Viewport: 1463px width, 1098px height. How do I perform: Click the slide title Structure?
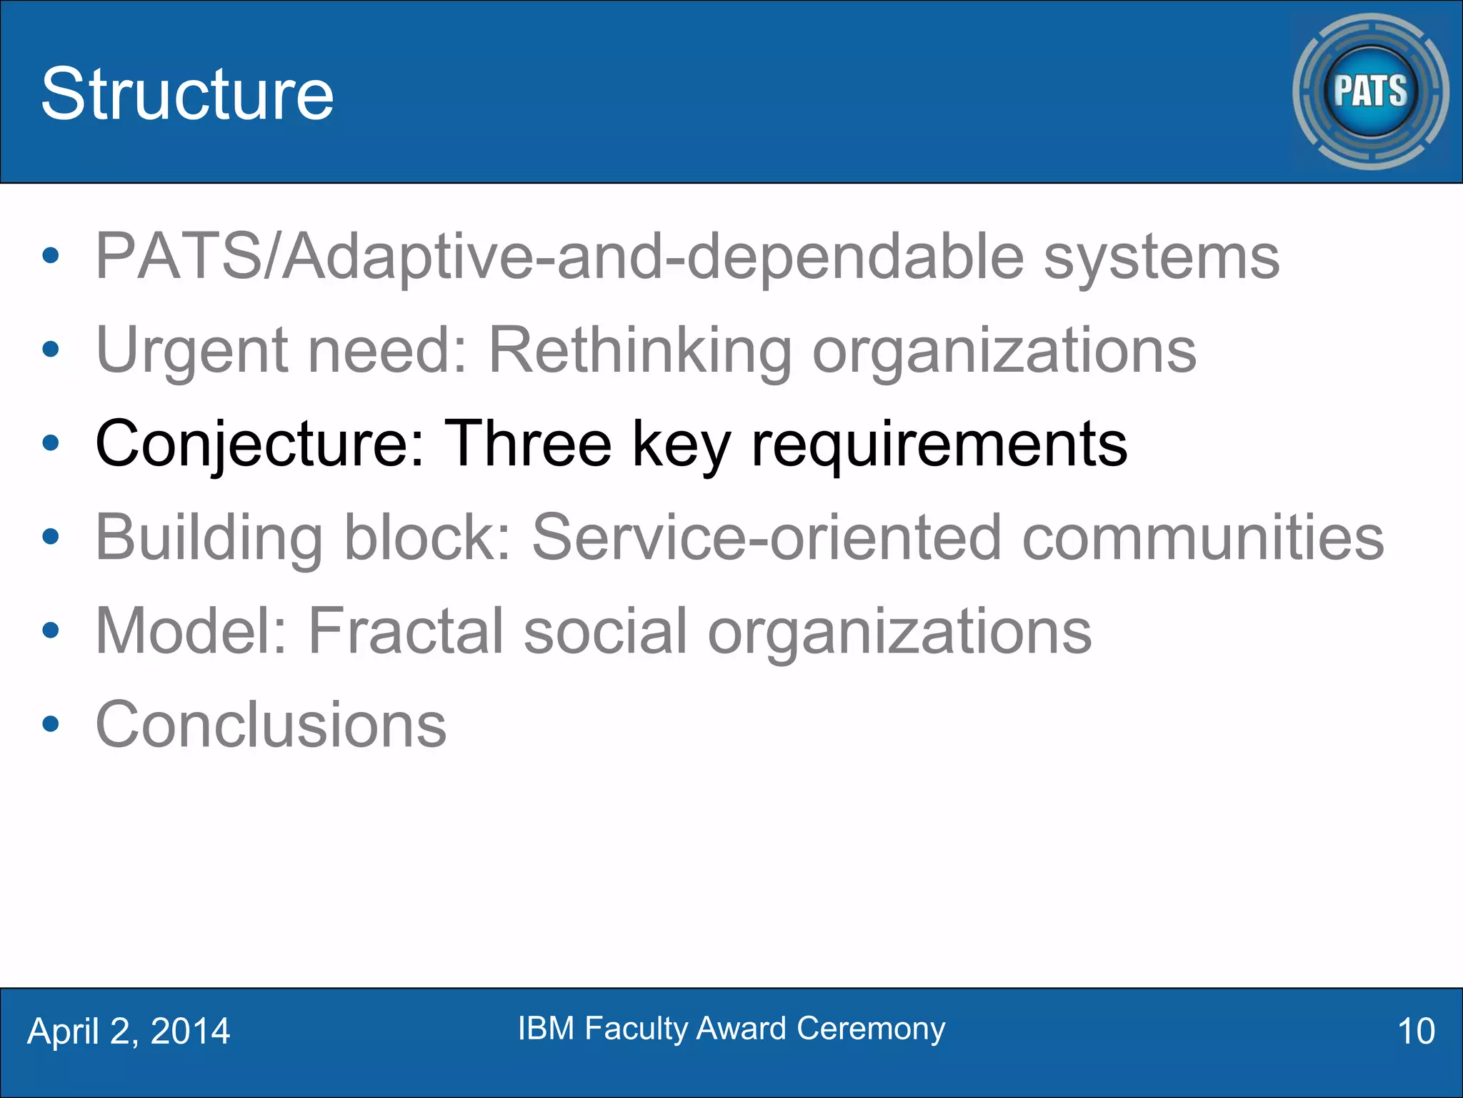(187, 94)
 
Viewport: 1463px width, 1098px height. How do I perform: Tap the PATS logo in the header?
(1370, 91)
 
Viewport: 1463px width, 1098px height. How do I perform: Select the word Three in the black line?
(528, 443)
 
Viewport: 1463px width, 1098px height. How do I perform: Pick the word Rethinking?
(640, 350)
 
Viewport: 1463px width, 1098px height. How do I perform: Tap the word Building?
(209, 538)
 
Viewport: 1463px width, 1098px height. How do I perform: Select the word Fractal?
(406, 630)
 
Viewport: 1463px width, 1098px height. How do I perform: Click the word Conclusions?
(271, 725)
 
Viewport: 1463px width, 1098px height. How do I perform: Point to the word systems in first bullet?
(1162, 257)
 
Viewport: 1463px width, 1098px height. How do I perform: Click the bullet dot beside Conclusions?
(50, 724)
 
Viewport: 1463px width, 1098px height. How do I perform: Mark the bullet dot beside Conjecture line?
(50, 443)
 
